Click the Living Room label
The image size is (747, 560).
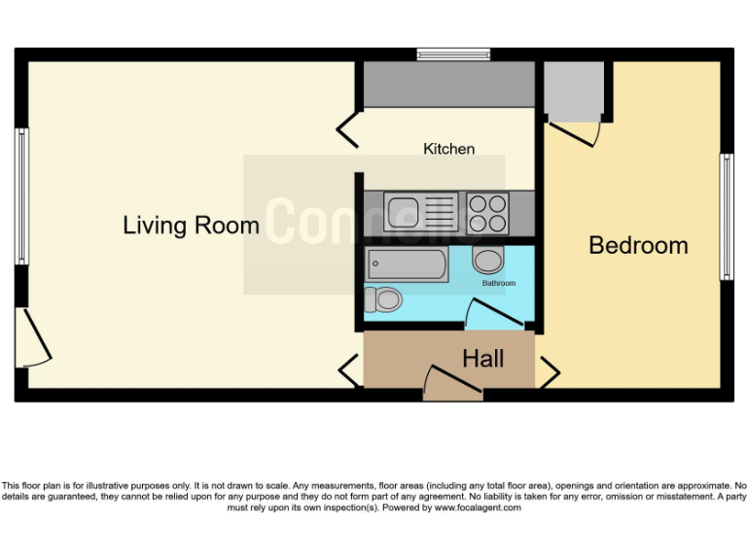click(191, 226)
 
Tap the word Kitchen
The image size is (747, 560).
click(448, 149)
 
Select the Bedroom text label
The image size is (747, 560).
click(638, 245)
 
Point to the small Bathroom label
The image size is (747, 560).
click(499, 283)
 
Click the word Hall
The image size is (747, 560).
click(482, 359)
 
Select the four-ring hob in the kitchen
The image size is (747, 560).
click(488, 213)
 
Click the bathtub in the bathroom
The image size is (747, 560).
click(407, 263)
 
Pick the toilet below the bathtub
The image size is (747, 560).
click(383, 300)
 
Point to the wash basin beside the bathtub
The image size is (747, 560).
click(486, 260)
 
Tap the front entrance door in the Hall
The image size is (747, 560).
click(452, 384)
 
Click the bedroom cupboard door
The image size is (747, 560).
click(574, 131)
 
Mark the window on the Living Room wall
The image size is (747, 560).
click(20, 197)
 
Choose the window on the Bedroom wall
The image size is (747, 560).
click(726, 217)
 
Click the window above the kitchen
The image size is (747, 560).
click(452, 54)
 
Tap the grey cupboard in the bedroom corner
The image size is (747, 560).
click(573, 89)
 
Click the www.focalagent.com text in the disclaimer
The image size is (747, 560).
click(477, 507)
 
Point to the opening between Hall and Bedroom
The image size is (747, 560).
click(549, 370)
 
